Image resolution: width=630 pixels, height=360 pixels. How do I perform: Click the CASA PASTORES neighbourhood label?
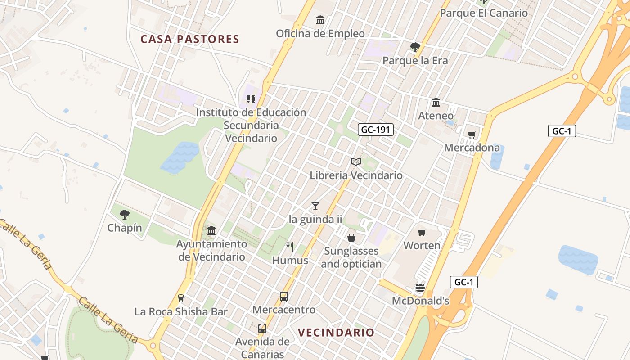pyautogui.click(x=189, y=39)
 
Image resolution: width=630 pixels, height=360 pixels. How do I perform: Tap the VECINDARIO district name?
pyautogui.click(x=336, y=333)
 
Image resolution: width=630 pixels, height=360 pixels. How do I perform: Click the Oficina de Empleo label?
pyautogui.click(x=320, y=34)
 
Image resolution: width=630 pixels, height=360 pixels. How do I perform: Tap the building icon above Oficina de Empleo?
pyautogui.click(x=320, y=20)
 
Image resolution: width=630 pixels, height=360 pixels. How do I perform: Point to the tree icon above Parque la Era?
pyautogui.click(x=415, y=47)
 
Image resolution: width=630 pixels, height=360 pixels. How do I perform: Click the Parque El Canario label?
pyautogui.click(x=484, y=13)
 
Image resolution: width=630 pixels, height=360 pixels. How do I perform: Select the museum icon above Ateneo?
pyautogui.click(x=436, y=103)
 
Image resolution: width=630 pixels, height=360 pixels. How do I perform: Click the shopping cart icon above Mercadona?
pyautogui.click(x=472, y=135)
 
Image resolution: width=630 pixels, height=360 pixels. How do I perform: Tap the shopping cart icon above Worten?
pyautogui.click(x=422, y=232)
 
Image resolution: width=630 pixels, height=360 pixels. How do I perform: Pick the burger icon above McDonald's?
pyautogui.click(x=420, y=288)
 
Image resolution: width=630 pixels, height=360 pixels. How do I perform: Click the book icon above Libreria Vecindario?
pyautogui.click(x=356, y=162)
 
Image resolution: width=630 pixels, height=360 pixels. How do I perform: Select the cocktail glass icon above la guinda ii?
pyautogui.click(x=315, y=206)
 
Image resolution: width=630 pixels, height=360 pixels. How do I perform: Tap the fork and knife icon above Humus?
pyautogui.click(x=290, y=247)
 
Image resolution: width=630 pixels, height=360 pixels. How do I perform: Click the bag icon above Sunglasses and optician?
pyautogui.click(x=351, y=237)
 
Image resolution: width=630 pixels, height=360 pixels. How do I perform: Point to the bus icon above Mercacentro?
pyautogui.click(x=284, y=297)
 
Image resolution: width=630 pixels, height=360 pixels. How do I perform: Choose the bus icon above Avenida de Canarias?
pyautogui.click(x=262, y=328)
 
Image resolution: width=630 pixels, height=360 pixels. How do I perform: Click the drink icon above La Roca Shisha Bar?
pyautogui.click(x=181, y=298)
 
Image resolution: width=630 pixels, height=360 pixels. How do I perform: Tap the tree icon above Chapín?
pyautogui.click(x=125, y=214)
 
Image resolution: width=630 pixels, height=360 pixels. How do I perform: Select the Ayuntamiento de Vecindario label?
pyautogui.click(x=211, y=250)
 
